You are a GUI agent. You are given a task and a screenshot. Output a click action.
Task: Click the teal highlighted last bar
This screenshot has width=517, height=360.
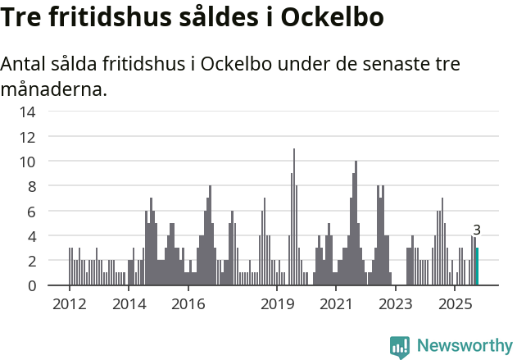(477, 267)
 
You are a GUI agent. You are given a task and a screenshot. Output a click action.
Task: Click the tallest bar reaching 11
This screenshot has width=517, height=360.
(294, 217)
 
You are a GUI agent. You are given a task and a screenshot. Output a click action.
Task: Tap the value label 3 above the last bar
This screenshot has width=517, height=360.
(477, 230)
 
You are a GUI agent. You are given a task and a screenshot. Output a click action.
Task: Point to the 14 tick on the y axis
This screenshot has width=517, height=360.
(27, 112)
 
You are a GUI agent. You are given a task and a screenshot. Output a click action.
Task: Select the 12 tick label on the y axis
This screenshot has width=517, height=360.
(27, 136)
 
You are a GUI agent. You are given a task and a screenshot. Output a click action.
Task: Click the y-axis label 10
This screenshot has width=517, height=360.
(27, 162)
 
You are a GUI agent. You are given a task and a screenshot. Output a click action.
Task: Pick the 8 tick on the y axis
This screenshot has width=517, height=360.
(30, 186)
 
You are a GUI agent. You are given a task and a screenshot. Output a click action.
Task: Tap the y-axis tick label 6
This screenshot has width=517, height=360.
(30, 211)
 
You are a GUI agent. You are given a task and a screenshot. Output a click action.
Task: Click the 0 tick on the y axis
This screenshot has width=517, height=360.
(30, 285)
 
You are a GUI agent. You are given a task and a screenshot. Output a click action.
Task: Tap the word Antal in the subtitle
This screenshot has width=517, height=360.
(25, 65)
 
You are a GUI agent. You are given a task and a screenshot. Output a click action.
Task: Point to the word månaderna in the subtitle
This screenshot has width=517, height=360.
(53, 89)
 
